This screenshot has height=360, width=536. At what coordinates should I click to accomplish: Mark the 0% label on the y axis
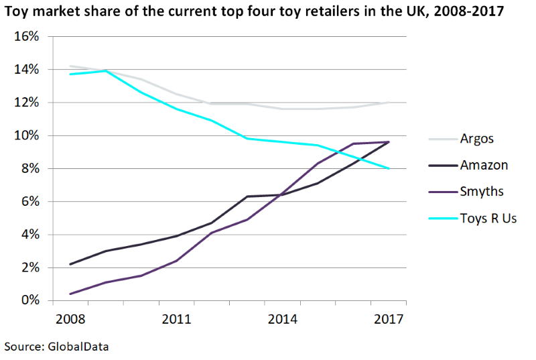[29, 301]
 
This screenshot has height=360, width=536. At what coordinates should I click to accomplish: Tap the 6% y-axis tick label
[29, 202]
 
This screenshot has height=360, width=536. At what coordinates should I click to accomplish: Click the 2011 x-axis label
[176, 319]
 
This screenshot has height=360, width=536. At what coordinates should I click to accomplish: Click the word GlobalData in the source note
[78, 347]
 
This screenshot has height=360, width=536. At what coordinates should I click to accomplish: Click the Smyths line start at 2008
[69, 294]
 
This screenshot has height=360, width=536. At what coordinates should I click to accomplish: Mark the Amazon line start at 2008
[69, 264]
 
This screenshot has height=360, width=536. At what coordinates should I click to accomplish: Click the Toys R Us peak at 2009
[105, 71]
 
